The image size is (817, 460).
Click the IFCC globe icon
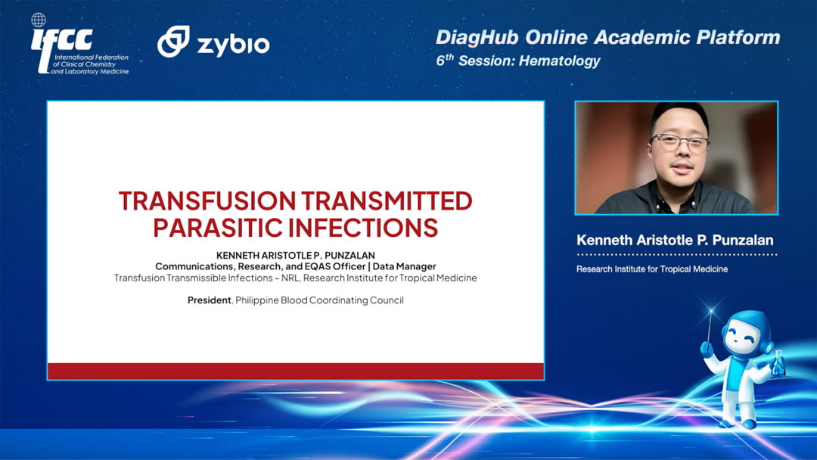[39, 20]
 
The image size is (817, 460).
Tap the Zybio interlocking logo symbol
[173, 41]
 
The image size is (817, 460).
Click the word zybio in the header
[233, 45]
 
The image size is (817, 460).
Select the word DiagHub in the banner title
[477, 37]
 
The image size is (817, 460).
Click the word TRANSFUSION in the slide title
[207, 200]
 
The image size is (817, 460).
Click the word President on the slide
[209, 300]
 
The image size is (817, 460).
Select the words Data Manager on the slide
[404, 266]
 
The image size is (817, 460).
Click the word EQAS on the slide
[316, 266]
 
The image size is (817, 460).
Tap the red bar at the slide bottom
[296, 371]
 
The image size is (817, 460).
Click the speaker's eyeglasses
[680, 142]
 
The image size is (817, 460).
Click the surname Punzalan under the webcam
[743, 240]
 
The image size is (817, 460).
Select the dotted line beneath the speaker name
[677, 255]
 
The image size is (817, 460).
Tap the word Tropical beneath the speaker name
[670, 269]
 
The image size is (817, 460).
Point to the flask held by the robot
[778, 364]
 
